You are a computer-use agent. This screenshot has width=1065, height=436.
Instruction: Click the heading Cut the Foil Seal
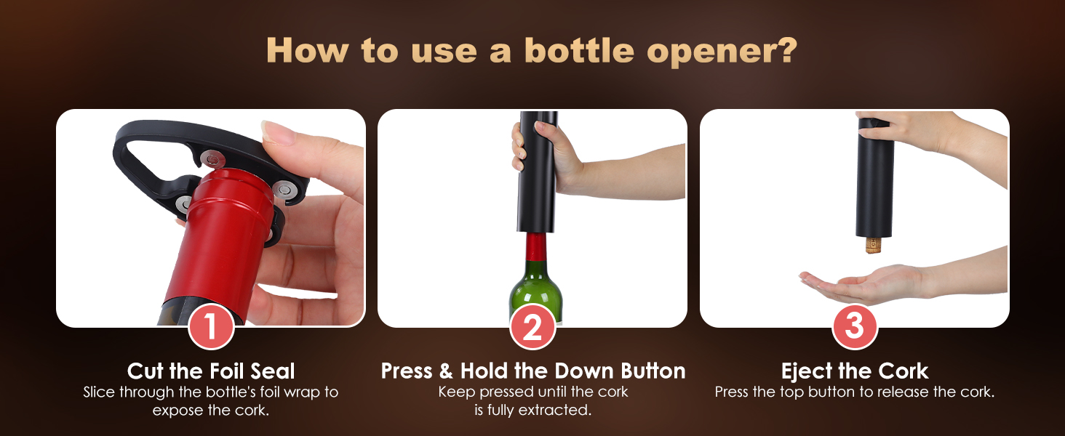[x=211, y=371]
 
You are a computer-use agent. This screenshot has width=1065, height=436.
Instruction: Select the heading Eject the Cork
[x=855, y=371]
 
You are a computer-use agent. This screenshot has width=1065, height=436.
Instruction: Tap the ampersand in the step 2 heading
[x=445, y=371]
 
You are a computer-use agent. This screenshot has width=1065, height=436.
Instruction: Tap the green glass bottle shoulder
[x=536, y=291]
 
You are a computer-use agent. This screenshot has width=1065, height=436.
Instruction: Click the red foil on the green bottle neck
[x=536, y=247]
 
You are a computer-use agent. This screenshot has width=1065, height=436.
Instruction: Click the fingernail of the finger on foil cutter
[x=275, y=133]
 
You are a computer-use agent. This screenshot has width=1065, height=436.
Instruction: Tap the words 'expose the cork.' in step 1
[x=211, y=411]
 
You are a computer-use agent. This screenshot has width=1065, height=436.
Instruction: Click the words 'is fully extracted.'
[x=532, y=411]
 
